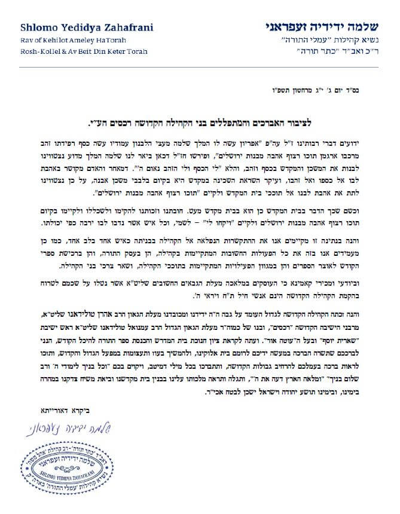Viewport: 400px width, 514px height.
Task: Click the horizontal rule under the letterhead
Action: tap(200, 63)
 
